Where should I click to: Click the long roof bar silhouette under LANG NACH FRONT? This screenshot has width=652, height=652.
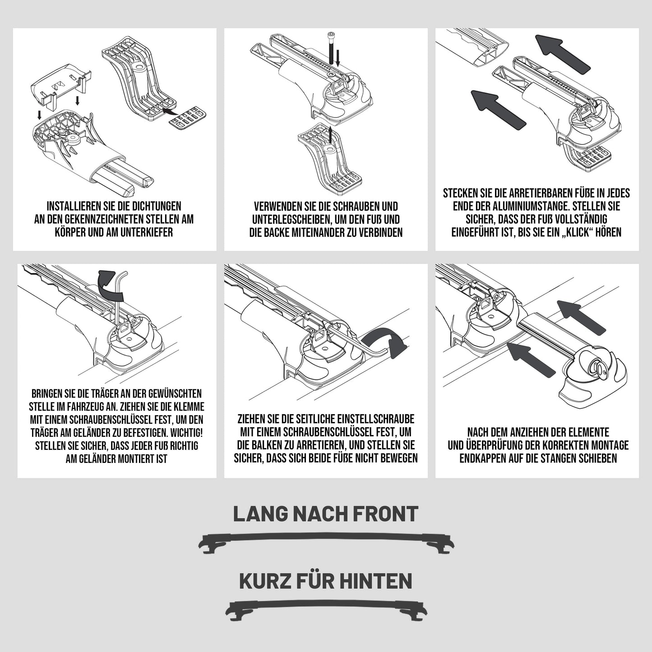coord(326,545)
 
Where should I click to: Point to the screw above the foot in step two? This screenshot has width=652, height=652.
coord(330,47)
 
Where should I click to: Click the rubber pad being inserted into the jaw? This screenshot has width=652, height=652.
coord(189,117)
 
